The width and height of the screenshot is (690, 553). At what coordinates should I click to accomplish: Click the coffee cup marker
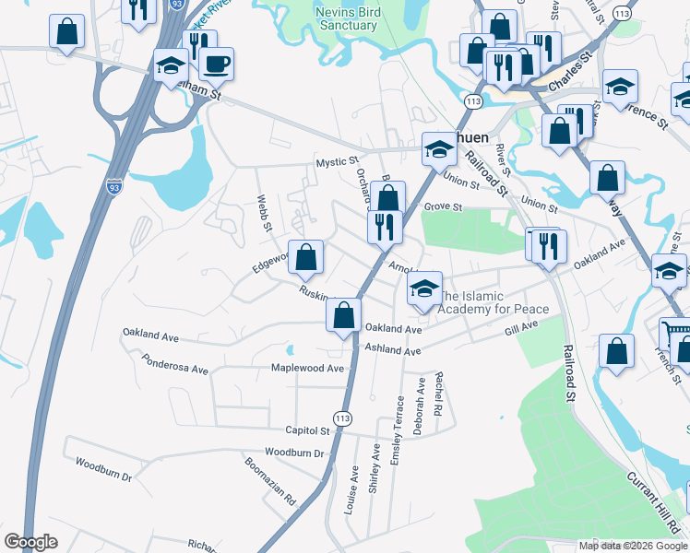click(216, 64)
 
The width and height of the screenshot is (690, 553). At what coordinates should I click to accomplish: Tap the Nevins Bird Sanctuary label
click(346, 18)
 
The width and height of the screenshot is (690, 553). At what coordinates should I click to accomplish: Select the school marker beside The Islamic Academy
click(424, 288)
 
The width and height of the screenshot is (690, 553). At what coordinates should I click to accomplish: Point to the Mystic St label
click(337, 162)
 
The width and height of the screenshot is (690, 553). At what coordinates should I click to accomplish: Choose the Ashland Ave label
click(392, 349)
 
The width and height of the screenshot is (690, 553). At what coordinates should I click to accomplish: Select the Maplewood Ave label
click(307, 368)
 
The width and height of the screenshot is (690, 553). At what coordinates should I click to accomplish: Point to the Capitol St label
click(307, 430)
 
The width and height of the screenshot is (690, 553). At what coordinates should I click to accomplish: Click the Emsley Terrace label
click(399, 431)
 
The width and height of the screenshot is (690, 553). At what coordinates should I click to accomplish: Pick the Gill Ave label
click(520, 328)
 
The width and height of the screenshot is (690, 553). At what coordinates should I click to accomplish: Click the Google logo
click(30, 541)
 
